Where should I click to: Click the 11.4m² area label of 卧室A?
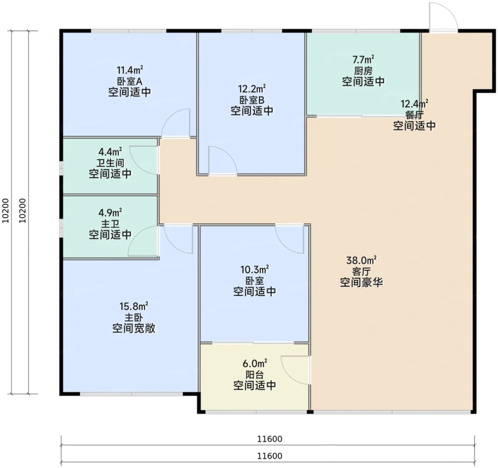click(x=129, y=70)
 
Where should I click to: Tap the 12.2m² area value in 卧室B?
click(x=252, y=88)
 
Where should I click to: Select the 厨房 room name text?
click(x=363, y=70)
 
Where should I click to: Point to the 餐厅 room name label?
click(x=414, y=115)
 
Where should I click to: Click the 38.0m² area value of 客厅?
click(x=361, y=261)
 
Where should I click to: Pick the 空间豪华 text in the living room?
click(x=361, y=282)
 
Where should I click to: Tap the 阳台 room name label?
click(x=254, y=375)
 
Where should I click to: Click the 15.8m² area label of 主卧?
click(x=134, y=307)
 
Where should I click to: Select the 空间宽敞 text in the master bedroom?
click(x=134, y=328)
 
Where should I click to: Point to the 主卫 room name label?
click(x=110, y=224)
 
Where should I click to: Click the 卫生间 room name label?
click(x=110, y=163)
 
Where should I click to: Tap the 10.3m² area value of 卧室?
click(x=254, y=270)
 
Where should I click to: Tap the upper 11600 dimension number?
click(x=270, y=439)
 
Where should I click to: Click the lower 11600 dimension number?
click(x=270, y=456)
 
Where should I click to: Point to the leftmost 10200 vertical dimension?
click(x=6, y=211)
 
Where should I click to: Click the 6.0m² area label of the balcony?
click(x=254, y=363)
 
